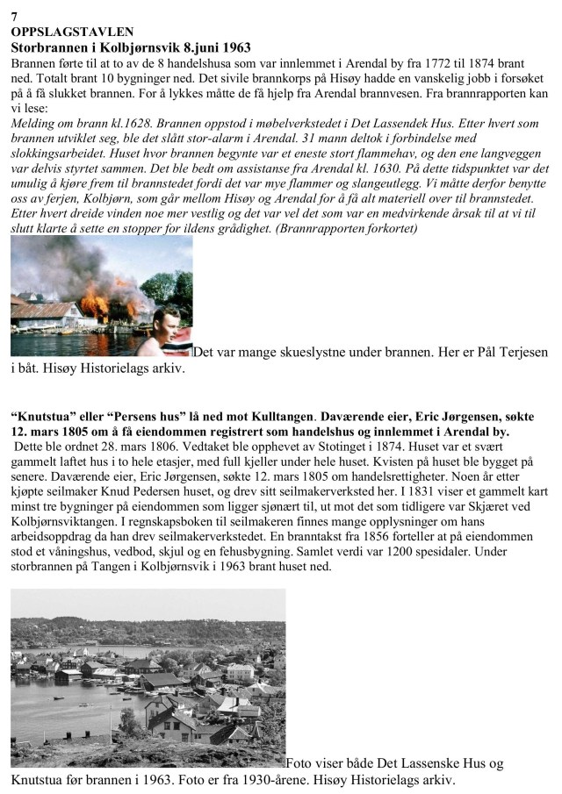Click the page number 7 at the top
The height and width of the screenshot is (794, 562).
point(14,16)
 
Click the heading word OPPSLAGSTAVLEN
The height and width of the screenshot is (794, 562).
point(66,31)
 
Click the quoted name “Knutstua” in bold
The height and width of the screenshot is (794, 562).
point(42,416)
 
